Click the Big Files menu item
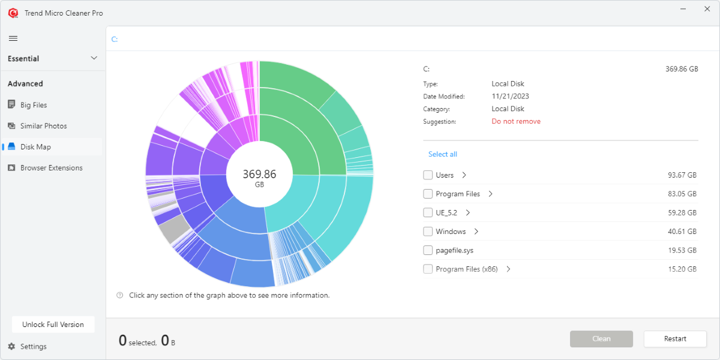tap(33, 105)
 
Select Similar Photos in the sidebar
tap(43, 126)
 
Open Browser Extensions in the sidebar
tap(51, 168)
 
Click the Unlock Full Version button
tap(53, 325)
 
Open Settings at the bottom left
tap(33, 347)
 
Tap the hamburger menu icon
tap(13, 38)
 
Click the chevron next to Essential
tap(94, 58)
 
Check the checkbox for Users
tap(428, 175)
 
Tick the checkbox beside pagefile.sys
tap(428, 250)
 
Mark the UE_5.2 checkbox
tap(428, 212)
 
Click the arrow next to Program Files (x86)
tap(508, 269)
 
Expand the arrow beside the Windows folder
tap(476, 232)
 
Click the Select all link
tap(442, 154)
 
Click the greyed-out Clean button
tap(601, 339)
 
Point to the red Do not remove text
tap(516, 121)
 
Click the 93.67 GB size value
tap(682, 175)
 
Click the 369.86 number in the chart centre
tap(259, 174)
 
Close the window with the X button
tap(706, 10)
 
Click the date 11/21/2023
tap(510, 96)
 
